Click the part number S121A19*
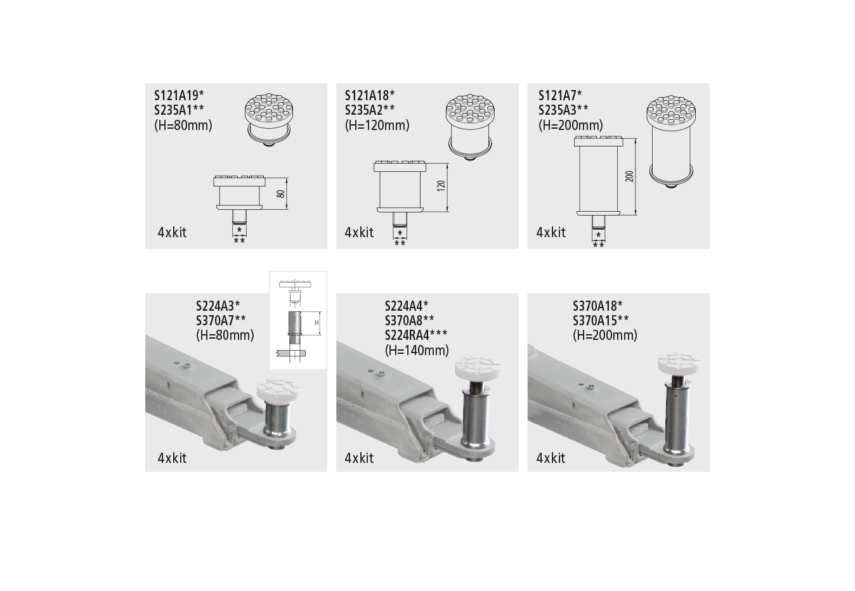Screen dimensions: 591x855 coord(179,95)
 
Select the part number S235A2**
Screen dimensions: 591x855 coord(370,110)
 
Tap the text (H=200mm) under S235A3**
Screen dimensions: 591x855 coord(570,126)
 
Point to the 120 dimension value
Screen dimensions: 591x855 coord(441,186)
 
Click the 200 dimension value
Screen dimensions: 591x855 coord(629,176)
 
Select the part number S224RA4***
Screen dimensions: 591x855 coord(415,335)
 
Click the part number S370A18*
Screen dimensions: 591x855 coord(597,305)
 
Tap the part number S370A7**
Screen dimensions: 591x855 coord(221,320)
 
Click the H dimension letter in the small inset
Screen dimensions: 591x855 coord(317,323)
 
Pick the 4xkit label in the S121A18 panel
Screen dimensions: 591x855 coord(359,233)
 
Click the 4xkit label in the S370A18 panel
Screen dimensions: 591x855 coord(551,458)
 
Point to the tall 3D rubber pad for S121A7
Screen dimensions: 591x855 coord(672,141)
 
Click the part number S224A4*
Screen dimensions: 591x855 coord(407,305)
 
